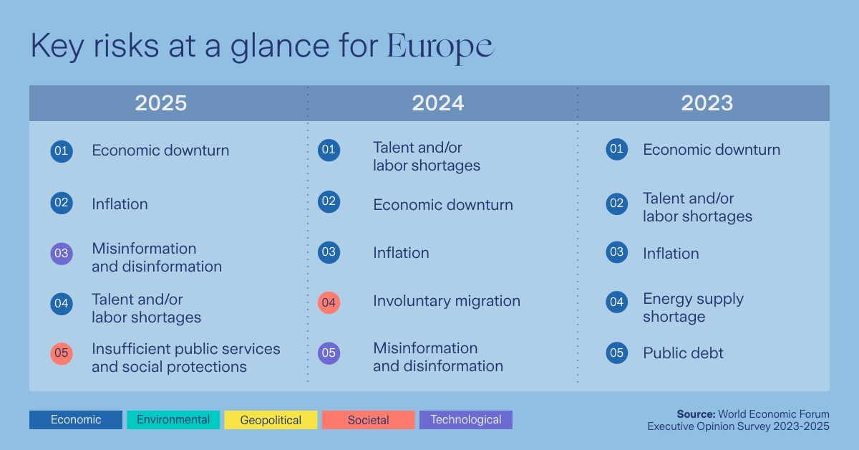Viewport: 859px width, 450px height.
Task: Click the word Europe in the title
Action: click(x=440, y=47)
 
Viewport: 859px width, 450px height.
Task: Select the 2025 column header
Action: click(x=161, y=103)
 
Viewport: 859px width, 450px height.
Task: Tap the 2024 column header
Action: click(x=437, y=103)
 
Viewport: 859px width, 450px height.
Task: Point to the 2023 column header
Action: click(x=707, y=103)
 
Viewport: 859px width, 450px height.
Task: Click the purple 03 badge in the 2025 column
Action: click(x=62, y=254)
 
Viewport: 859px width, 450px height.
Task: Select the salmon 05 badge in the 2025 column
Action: click(x=62, y=353)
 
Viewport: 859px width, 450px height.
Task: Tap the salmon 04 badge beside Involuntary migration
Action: click(x=329, y=302)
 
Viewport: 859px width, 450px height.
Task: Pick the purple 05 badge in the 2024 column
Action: click(x=329, y=353)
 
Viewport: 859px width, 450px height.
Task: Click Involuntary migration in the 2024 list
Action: click(x=446, y=302)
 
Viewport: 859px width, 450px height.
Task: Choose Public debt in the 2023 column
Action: click(x=683, y=353)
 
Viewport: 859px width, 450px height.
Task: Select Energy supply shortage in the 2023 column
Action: click(x=693, y=308)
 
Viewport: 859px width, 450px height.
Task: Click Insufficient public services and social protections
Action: click(x=185, y=358)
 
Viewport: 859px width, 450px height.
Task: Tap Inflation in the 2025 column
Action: click(x=120, y=204)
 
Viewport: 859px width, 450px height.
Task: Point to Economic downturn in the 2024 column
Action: click(x=442, y=205)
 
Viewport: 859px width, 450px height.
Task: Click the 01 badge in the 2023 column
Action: click(x=616, y=150)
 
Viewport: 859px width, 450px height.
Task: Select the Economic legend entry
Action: click(x=76, y=420)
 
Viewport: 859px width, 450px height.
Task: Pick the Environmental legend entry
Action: click(x=173, y=420)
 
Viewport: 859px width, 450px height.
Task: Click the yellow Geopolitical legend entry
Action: click(x=271, y=420)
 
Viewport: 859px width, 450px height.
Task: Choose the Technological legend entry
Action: click(x=466, y=420)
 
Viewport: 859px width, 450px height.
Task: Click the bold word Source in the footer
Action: click(x=695, y=414)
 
